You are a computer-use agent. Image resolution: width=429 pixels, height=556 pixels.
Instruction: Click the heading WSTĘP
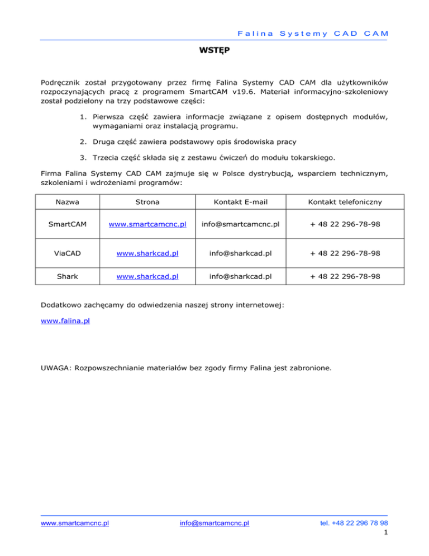[x=214, y=50]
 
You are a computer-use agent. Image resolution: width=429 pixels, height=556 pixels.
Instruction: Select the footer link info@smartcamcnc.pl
[x=214, y=524]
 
